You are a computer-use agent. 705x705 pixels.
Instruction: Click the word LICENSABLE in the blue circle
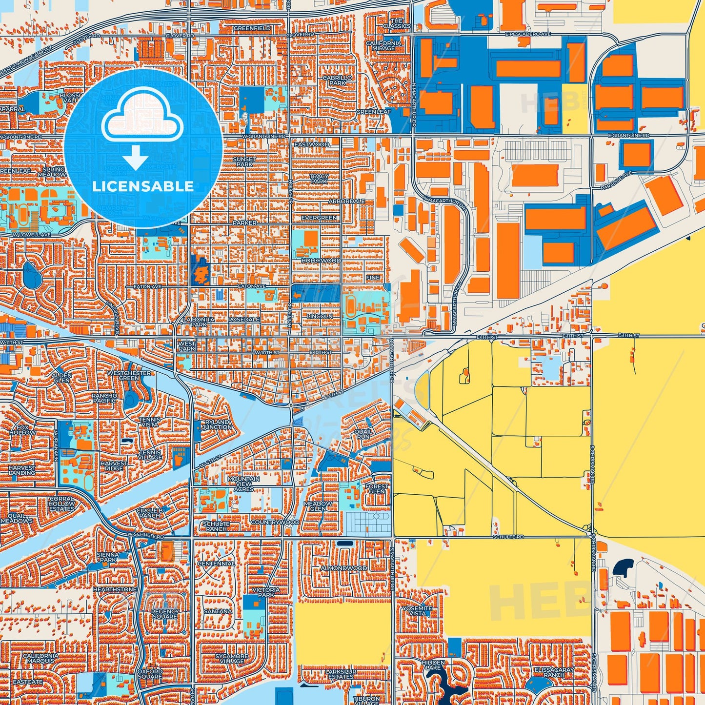tap(143, 186)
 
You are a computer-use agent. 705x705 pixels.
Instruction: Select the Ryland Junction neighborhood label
tap(217, 424)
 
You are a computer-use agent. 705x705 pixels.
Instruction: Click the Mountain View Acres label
tap(243, 483)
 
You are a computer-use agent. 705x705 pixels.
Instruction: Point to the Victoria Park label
tap(266, 592)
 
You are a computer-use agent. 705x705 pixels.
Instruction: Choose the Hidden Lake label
tap(433, 665)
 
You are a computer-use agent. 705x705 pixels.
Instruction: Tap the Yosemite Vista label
tap(417, 610)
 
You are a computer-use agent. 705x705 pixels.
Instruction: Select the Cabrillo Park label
tap(337, 80)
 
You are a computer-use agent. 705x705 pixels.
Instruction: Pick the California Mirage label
tap(384, 45)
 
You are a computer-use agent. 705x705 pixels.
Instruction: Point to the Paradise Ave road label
tap(616, 181)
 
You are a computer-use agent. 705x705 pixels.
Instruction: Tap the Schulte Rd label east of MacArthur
tap(508, 537)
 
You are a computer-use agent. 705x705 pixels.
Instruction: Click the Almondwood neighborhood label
tap(343, 568)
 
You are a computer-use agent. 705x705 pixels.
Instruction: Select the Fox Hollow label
tap(22, 430)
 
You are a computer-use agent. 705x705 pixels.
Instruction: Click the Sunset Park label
tap(244, 161)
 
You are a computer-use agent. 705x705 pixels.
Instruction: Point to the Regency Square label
tap(165, 614)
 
